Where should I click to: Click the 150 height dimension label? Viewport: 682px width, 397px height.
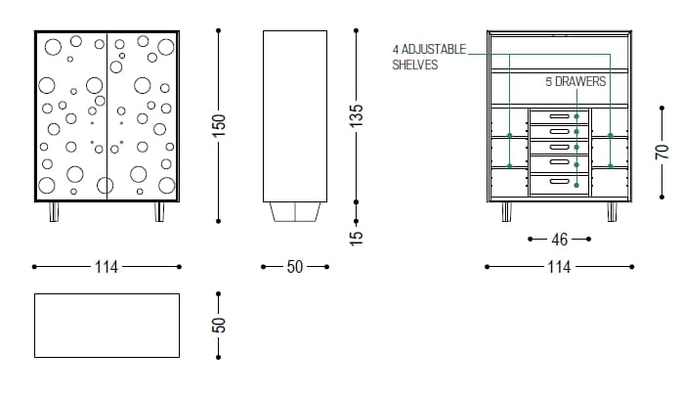coord(219,125)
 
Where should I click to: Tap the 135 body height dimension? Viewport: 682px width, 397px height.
coord(357,115)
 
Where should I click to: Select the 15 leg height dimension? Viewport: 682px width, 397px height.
coord(356,238)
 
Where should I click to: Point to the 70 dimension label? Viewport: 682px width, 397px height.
coord(661,152)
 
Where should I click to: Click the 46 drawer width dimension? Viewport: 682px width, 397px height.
coord(559,239)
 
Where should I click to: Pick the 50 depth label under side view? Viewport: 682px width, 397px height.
coord(295,266)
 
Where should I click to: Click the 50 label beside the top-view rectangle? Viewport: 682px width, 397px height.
coord(219,326)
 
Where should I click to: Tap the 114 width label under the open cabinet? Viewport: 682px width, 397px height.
coord(559,266)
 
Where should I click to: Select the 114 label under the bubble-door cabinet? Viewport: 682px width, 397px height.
coord(107,266)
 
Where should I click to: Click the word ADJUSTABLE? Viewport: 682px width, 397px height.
coord(433,49)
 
